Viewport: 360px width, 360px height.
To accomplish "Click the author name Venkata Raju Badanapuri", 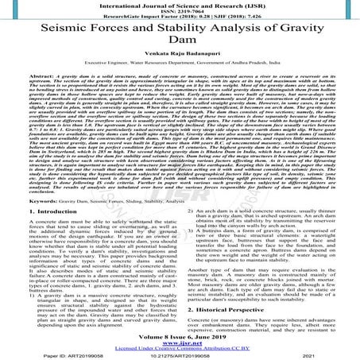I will tap(180, 72).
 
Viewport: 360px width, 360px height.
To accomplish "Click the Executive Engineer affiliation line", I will tap(180, 83).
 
